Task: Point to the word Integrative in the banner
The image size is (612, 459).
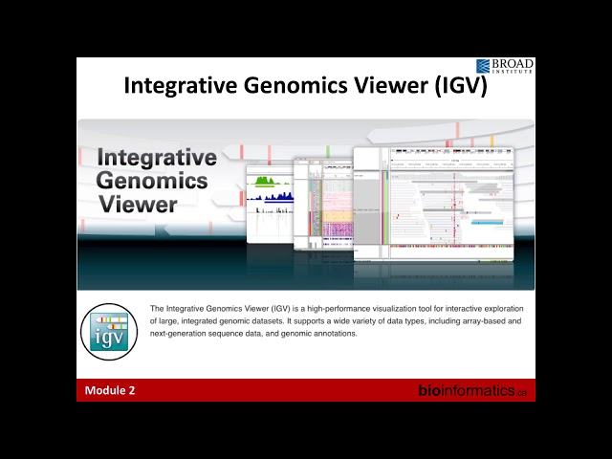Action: (x=157, y=157)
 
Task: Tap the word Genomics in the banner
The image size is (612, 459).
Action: (x=152, y=180)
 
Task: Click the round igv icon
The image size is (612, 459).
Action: (x=109, y=331)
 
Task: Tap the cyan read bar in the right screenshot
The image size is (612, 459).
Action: (x=487, y=222)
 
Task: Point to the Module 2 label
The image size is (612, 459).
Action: (x=110, y=390)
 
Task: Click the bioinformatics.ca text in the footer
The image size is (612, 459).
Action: (x=472, y=390)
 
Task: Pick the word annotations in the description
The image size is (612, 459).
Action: (x=336, y=334)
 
